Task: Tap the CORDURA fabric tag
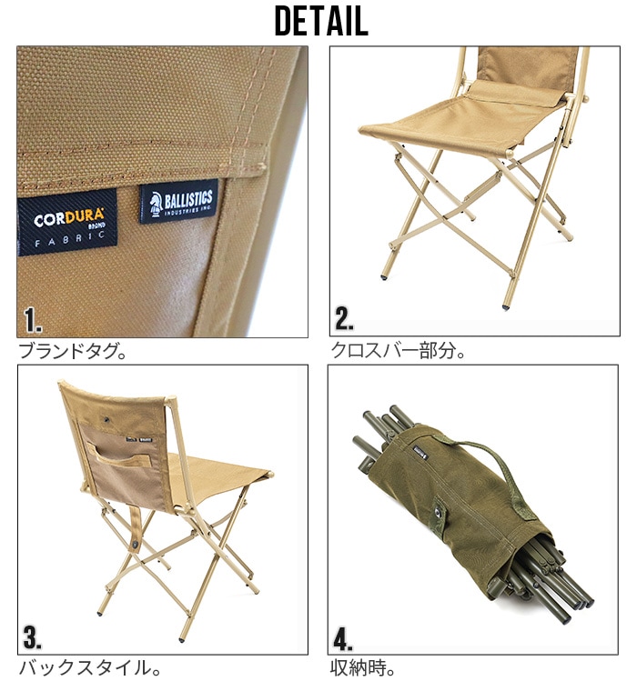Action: tap(67, 221)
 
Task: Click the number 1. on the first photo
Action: tap(34, 320)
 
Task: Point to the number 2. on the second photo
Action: tap(345, 318)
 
